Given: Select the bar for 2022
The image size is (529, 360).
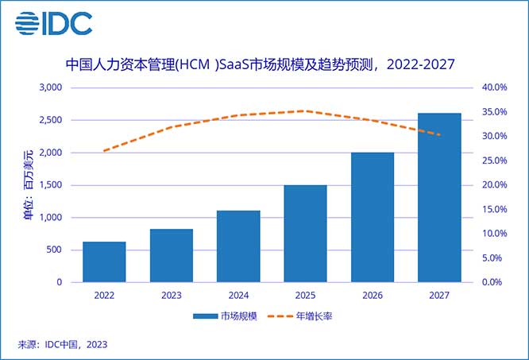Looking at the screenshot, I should [104, 261].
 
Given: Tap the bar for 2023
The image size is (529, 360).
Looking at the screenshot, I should [171, 255].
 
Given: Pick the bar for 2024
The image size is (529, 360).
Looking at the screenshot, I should [238, 246].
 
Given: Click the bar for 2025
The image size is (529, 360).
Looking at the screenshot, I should [305, 234].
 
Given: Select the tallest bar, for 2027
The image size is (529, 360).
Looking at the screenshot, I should [439, 198].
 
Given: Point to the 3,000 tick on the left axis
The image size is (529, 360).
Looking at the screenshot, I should [49, 87].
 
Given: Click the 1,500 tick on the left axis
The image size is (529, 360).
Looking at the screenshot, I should [49, 185].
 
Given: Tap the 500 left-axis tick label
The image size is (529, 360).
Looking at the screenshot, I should [54, 250].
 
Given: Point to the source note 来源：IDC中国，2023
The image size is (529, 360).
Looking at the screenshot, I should [62, 345].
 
